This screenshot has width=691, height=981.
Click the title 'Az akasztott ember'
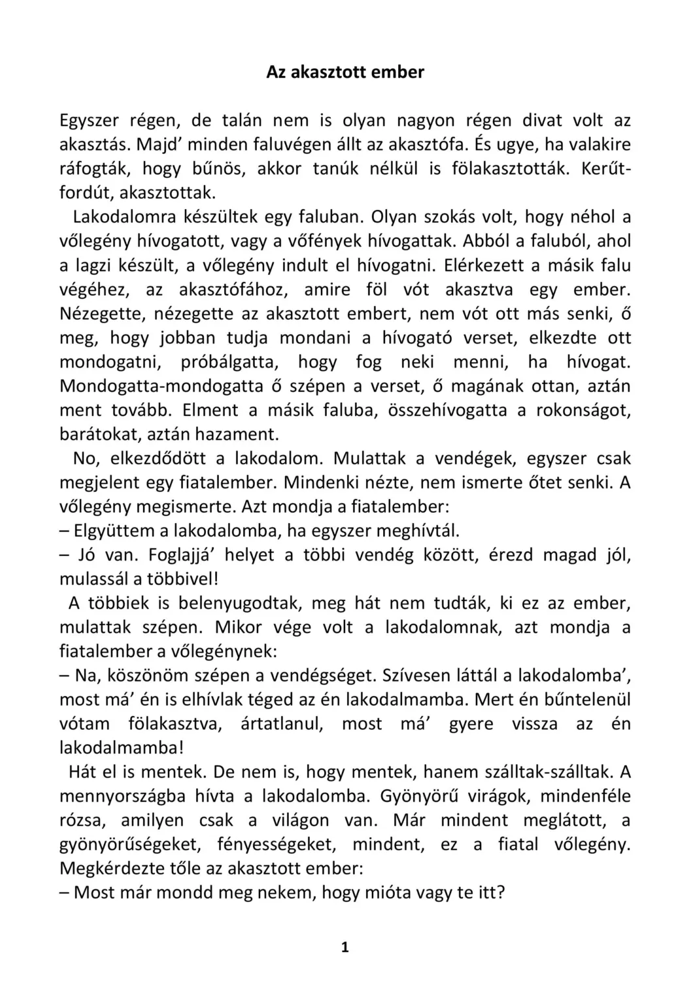pyautogui.click(x=345, y=73)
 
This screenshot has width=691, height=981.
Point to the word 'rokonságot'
pyautogui.click(x=583, y=410)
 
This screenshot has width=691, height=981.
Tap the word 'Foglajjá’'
pyautogui.click(x=186, y=555)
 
